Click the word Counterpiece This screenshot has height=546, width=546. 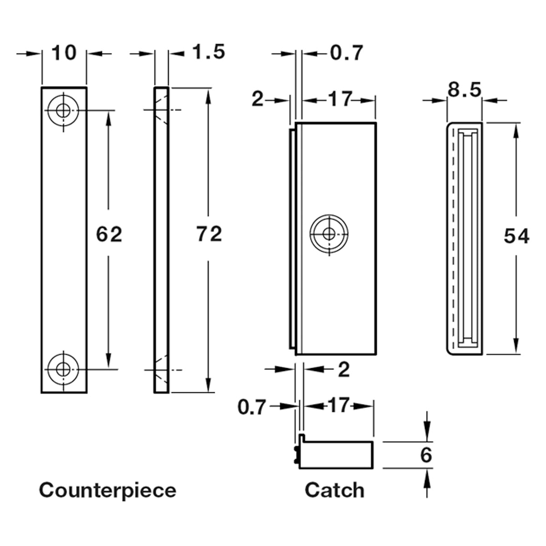click(107, 490)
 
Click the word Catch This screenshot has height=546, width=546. click(334, 490)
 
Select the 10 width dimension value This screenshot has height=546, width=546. click(64, 53)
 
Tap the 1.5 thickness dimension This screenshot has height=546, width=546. click(208, 52)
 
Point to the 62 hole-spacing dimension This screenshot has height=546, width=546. click(109, 234)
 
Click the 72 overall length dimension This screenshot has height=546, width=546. click(209, 234)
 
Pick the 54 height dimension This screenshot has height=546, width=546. click(516, 237)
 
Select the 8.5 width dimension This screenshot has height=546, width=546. click(464, 90)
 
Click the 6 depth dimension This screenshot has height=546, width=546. click(426, 455)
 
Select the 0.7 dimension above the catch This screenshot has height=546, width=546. click(346, 53)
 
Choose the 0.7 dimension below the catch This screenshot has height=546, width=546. click(252, 407)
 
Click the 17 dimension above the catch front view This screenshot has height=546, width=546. click(339, 99)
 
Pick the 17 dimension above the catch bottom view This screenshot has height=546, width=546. click(339, 405)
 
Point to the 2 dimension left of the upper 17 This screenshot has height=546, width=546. click(258, 99)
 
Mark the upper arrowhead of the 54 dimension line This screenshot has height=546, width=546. click(516, 130)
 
